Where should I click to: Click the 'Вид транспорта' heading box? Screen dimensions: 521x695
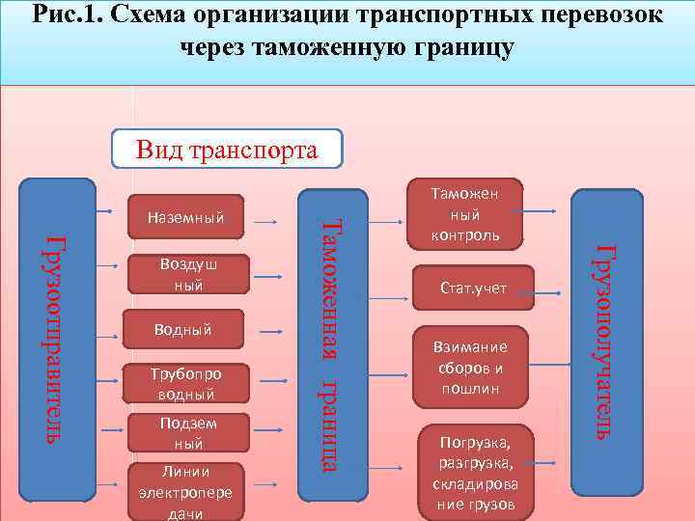tap(227, 151)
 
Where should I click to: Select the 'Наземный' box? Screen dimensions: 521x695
tap(184, 218)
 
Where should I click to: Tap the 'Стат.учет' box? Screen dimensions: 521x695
tap(473, 288)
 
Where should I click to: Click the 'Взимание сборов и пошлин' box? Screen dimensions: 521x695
tap(472, 368)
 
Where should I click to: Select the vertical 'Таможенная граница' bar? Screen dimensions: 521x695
tap(327, 343)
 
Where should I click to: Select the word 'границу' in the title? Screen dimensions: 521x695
tap(456, 47)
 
